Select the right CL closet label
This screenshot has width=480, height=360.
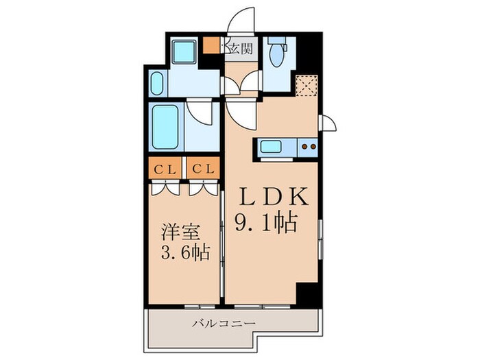pyautogui.click(x=204, y=168)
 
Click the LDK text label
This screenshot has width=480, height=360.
pyautogui.click(x=272, y=197)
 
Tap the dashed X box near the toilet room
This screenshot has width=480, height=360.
pyautogui.click(x=306, y=86)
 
